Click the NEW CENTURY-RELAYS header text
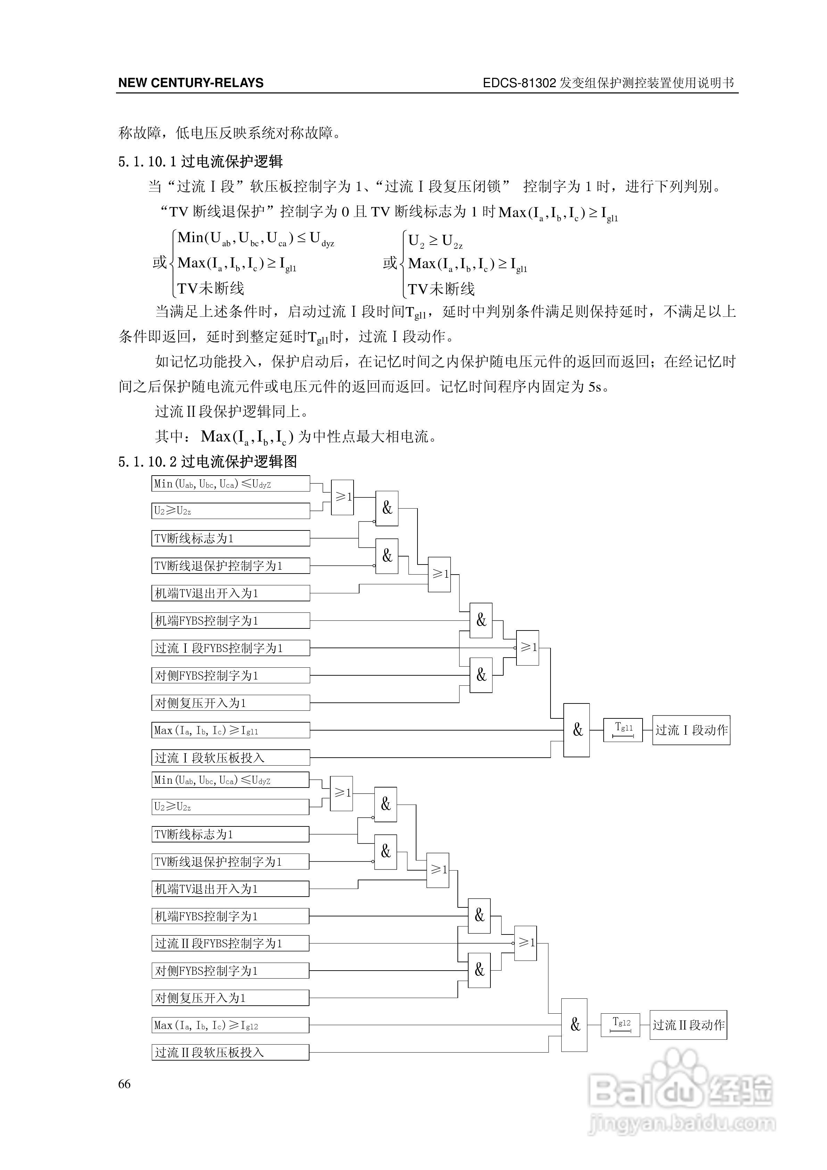[x=191, y=83]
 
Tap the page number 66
[x=124, y=1084]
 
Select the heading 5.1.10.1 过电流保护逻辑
[x=200, y=162]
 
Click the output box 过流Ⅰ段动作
[x=691, y=730]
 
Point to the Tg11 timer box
[x=623, y=730]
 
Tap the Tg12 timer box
[x=620, y=1025]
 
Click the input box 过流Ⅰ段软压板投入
[x=230, y=758]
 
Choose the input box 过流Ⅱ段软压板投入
[x=230, y=1052]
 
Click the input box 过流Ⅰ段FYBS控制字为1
[x=230, y=648]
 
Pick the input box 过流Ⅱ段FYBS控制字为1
[x=230, y=943]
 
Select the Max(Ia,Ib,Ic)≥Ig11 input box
[x=230, y=730]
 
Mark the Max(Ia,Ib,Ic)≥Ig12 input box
[x=230, y=1025]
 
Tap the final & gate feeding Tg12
[x=574, y=1025]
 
